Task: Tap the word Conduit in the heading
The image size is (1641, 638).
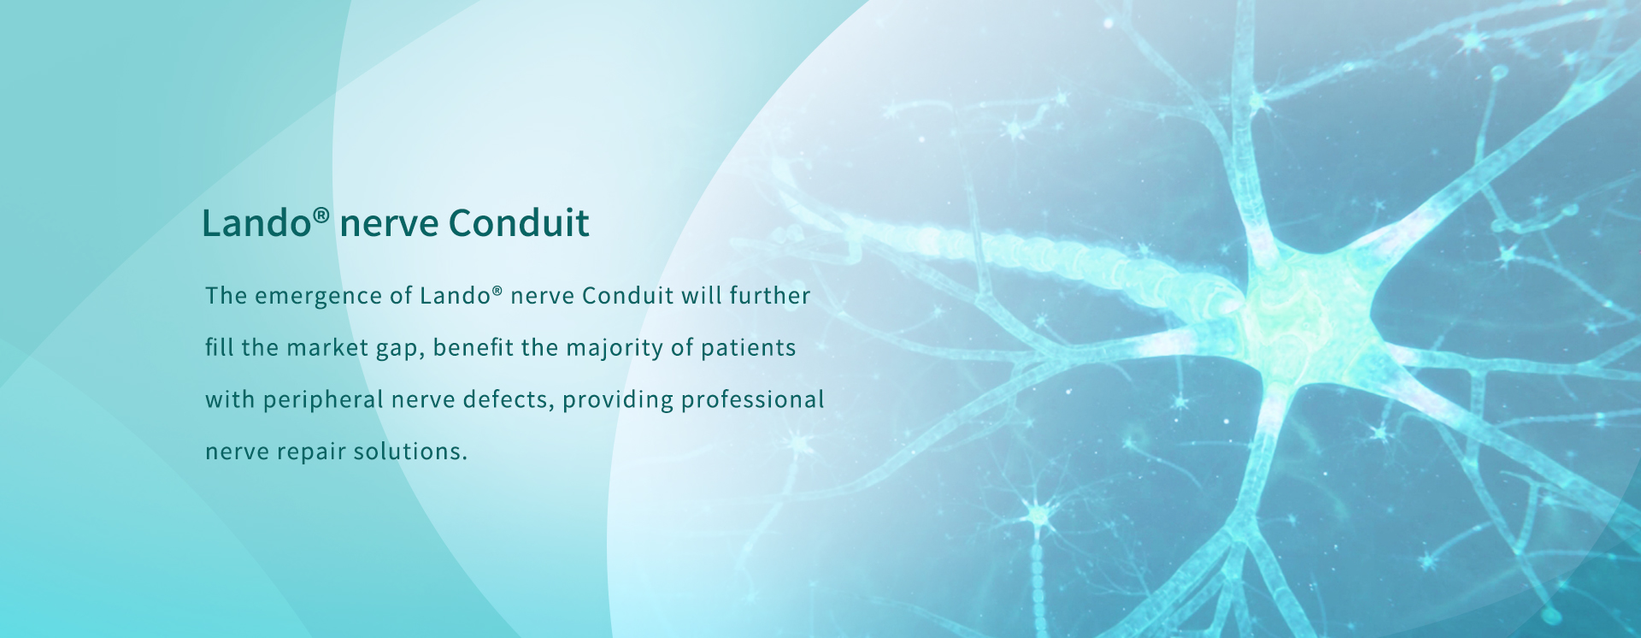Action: pyautogui.click(x=519, y=223)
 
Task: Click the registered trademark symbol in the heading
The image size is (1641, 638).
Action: pyautogui.click(x=321, y=215)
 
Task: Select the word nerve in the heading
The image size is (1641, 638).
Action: pyautogui.click(x=389, y=226)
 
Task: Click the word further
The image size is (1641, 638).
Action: pyautogui.click(x=769, y=295)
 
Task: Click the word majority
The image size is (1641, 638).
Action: pyautogui.click(x=615, y=349)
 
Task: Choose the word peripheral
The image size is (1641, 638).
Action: pyautogui.click(x=323, y=400)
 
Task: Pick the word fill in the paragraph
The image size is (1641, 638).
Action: pyautogui.click(x=219, y=347)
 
